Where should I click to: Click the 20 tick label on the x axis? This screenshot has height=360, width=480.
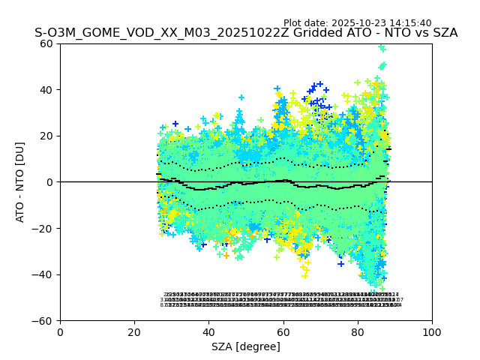coord(134,332)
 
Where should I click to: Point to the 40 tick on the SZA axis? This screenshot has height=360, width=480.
coord(208,332)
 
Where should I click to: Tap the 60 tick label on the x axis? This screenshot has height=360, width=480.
coord(283,332)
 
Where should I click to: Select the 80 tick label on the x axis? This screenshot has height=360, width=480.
coord(358,332)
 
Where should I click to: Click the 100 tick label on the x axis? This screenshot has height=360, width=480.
coord(432,332)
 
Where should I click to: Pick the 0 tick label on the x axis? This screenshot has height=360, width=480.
coord(60,332)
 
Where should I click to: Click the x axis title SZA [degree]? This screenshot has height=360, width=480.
coord(246,346)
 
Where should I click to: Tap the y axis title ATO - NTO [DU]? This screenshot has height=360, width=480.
coord(20,182)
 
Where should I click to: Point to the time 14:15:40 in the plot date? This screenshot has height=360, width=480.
coord(410,23)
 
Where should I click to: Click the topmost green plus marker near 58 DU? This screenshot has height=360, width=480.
coord(382,48)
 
